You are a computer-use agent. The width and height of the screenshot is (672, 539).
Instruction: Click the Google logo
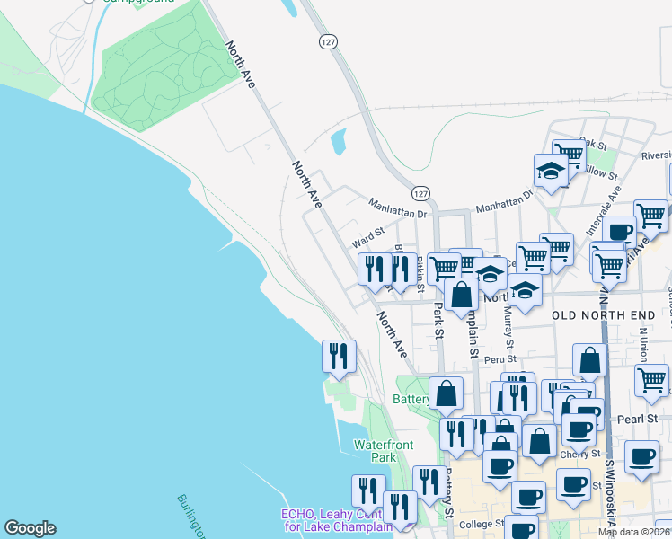30,528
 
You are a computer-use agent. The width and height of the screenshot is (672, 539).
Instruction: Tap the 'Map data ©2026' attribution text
634,532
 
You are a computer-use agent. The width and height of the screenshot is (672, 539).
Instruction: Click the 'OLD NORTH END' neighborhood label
600,314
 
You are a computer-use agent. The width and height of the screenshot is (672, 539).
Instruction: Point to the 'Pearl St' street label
639,419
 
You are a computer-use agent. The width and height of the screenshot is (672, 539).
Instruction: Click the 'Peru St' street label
496,359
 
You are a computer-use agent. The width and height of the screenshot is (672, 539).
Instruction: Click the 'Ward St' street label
368,238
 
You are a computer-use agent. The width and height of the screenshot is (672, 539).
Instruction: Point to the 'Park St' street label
438,320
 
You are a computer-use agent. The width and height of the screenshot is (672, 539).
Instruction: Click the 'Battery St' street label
447,499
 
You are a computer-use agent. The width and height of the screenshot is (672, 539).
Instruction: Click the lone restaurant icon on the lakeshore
339,356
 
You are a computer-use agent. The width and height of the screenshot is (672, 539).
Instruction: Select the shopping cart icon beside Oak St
568,155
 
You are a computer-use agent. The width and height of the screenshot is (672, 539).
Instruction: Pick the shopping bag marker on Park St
461,294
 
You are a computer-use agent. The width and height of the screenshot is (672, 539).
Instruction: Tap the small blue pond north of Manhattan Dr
339,142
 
